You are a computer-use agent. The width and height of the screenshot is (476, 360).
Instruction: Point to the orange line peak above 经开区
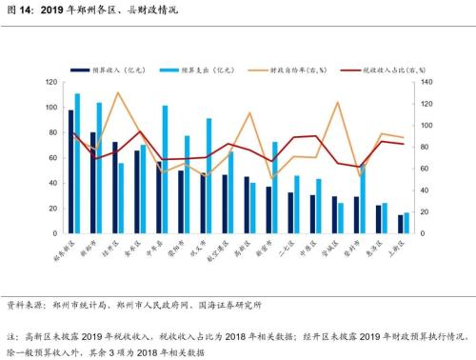coord(118,93)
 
